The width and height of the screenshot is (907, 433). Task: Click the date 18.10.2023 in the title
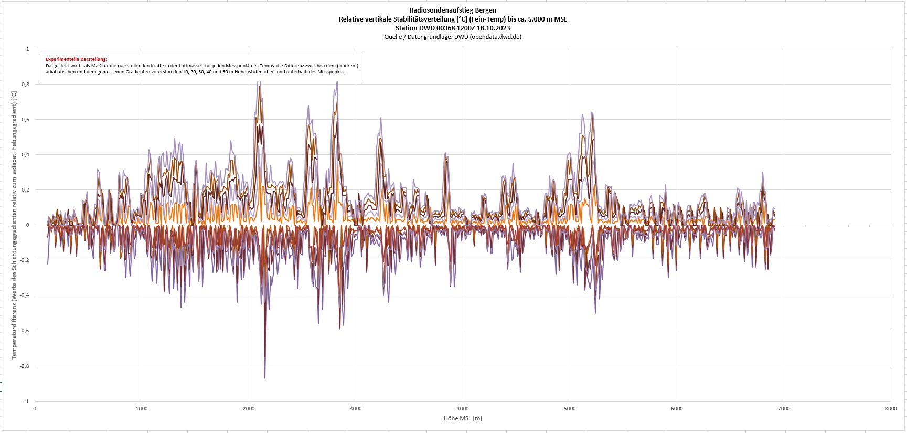pos(493,28)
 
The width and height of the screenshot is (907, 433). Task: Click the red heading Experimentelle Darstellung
pos(76,59)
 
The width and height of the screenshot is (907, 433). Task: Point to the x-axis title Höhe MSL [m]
pos(462,418)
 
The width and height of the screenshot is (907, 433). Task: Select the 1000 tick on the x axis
pos(142,408)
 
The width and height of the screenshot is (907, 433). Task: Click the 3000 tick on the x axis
pos(356,408)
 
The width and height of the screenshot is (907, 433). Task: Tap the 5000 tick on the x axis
pos(570,408)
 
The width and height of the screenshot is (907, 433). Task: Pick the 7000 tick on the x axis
pos(784,408)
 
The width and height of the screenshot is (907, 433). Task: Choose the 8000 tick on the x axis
pos(890,408)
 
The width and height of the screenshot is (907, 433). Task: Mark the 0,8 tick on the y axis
pos(25,84)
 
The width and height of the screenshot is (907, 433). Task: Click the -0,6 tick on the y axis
pos(24,331)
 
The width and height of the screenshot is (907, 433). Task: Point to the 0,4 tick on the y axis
pos(25,155)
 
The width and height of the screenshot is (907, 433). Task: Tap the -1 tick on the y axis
pos(26,401)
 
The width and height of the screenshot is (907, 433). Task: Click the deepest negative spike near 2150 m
pos(265,377)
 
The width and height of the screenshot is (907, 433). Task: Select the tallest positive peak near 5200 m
pos(592,113)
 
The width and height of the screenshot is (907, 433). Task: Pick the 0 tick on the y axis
pos(27,225)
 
